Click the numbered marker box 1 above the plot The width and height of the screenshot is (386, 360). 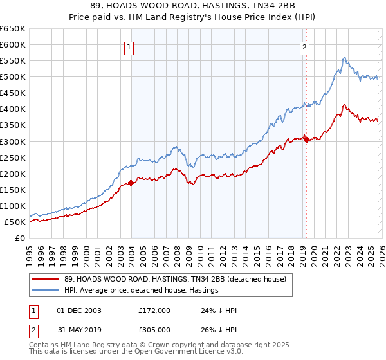coord(130,46)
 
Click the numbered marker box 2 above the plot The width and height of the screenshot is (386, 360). coord(304,46)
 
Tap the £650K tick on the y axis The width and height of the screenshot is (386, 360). coord(13,29)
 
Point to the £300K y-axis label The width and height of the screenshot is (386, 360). coord(13,141)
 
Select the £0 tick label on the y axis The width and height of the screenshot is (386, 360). coord(19,238)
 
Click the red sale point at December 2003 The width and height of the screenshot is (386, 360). coord(131,183)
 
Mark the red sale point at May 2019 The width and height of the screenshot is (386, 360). coord(306,139)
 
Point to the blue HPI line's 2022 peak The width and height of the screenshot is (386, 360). coord(345,57)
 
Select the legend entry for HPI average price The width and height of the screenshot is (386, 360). coord(142,291)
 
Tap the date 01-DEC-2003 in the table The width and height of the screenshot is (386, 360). coord(80,310)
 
